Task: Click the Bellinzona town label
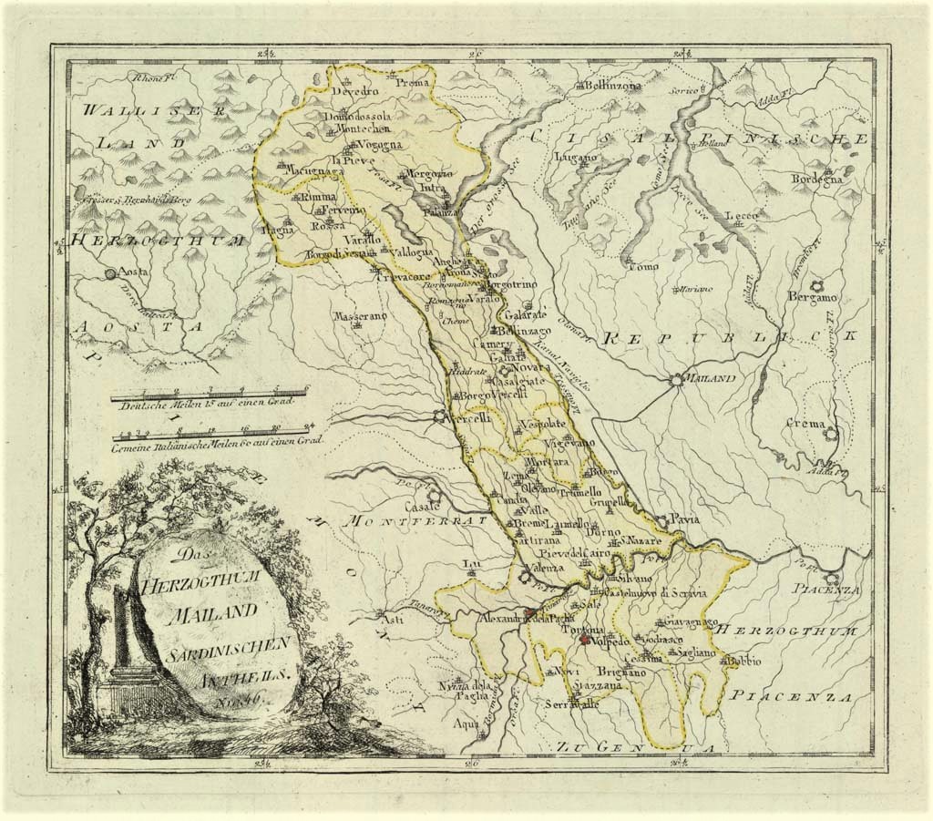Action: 610,86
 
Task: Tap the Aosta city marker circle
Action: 111,272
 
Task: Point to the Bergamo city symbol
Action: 816,284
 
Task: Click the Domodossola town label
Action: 359,117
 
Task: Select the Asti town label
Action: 392,621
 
